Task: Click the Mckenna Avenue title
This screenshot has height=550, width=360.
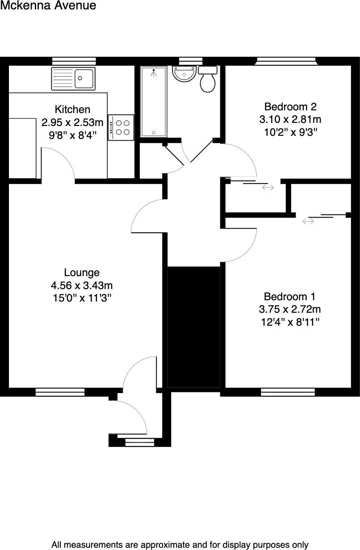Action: (48, 6)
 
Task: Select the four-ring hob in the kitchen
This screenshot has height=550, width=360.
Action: (121, 127)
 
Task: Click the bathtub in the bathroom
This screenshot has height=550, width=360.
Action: (153, 101)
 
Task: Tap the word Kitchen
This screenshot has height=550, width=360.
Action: (72, 109)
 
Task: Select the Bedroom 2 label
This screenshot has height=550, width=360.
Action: (290, 107)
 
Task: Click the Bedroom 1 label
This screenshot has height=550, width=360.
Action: (290, 297)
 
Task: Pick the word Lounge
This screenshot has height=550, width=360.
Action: (82, 273)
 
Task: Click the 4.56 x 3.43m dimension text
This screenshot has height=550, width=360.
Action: (82, 285)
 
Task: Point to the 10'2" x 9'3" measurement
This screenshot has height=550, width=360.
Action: (290, 132)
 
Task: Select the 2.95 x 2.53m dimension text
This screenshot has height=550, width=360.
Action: (72, 122)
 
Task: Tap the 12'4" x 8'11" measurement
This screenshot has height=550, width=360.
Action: (290, 322)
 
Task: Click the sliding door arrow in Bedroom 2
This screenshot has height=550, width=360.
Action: (268, 188)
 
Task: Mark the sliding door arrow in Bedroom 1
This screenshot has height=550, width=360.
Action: (308, 221)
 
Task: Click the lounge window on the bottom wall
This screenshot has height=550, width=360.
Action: (60, 392)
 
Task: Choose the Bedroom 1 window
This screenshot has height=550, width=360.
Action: (288, 392)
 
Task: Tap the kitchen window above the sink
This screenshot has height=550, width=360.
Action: (74, 61)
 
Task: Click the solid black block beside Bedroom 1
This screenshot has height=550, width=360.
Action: (194, 327)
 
